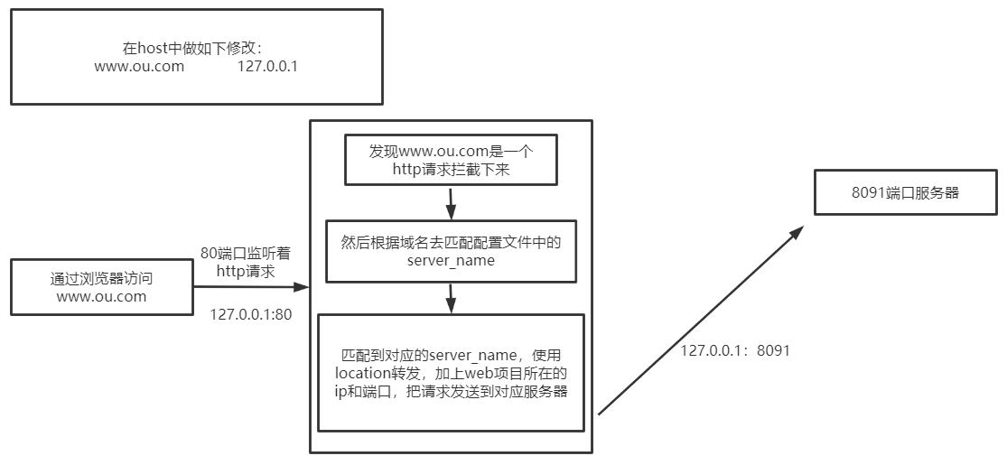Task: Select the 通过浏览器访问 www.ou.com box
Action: [x=101, y=287]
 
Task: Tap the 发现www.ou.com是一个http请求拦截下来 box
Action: [x=451, y=160]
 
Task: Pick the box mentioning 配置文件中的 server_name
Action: [x=451, y=251]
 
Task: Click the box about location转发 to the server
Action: [x=451, y=373]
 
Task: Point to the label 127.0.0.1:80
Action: [x=250, y=314]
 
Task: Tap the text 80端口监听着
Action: [x=246, y=256]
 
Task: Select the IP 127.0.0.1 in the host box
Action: [x=267, y=66]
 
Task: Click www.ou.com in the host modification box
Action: [x=139, y=66]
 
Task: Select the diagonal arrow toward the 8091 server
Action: [x=700, y=321]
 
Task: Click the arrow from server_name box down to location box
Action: [x=451, y=298]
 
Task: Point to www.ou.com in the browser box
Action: [x=101, y=296]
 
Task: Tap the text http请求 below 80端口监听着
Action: [x=246, y=271]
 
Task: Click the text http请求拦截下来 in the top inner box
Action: [x=451, y=169]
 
